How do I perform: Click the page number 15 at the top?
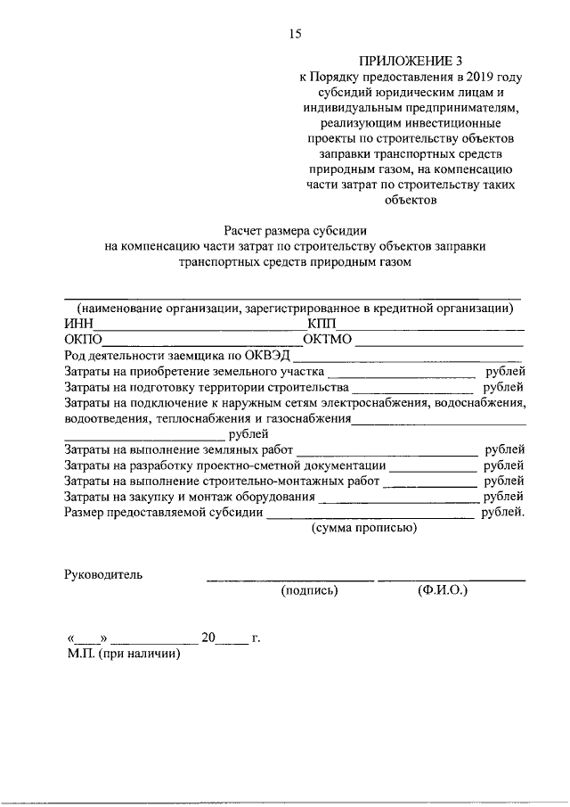tap(295, 34)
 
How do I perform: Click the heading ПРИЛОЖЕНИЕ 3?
tap(399, 62)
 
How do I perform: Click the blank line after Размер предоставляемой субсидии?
tap(370, 516)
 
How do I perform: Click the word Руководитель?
tap(103, 574)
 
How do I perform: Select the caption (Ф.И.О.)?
tap(443, 590)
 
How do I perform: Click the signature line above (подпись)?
tap(290, 581)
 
